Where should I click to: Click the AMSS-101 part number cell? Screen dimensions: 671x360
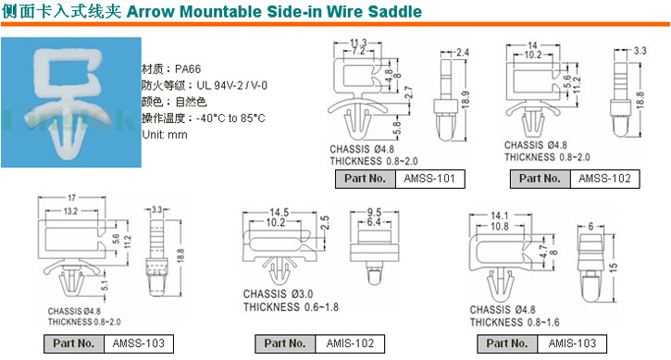point(429,179)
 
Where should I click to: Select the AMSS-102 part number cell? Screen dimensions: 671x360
point(604,179)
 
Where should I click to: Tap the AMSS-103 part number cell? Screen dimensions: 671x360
point(139,343)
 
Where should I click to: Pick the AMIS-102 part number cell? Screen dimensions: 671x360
point(350,343)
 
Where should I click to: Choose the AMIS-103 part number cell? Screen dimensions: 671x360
point(572,343)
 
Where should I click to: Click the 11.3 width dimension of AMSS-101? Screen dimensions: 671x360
point(358,43)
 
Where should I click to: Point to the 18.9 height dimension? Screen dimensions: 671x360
point(466,100)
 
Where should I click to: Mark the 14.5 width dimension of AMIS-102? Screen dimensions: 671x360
point(279,212)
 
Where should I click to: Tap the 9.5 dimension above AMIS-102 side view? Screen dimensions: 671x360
point(374,212)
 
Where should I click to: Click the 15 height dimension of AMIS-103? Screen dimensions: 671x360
point(614,268)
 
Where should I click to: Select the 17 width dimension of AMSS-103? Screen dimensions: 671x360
point(71,198)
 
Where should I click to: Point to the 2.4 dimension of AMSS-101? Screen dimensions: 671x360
point(463,53)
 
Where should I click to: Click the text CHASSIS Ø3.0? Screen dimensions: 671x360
point(279,294)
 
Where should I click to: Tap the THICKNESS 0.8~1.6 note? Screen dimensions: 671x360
point(515,322)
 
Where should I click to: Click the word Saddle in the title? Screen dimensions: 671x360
point(395,11)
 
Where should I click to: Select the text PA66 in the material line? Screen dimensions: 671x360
point(188,68)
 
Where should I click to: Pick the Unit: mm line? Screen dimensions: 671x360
point(165,135)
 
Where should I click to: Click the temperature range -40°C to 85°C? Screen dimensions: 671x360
point(230,118)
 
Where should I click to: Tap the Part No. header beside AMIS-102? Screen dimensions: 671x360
point(285,343)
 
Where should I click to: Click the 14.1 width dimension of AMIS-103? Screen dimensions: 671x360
point(500,216)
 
